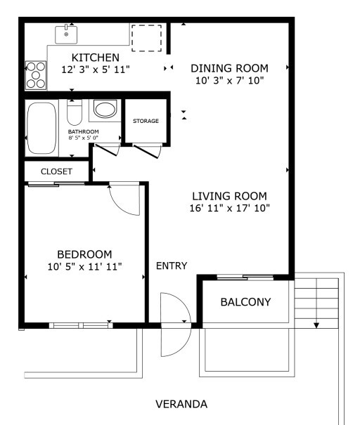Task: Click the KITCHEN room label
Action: pyautogui.click(x=96, y=57)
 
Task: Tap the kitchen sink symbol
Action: pyautogui.click(x=66, y=33)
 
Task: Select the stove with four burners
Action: pyautogui.click(x=34, y=75)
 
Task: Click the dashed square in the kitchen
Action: pyautogui.click(x=146, y=38)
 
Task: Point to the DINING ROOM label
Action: pyautogui.click(x=230, y=68)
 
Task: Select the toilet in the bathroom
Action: pyautogui.click(x=75, y=113)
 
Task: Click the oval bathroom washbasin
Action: pyautogui.click(x=105, y=110)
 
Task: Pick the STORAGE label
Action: pyautogui.click(x=146, y=121)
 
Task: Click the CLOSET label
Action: pyautogui.click(x=56, y=171)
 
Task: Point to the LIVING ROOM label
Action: pyautogui.click(x=230, y=195)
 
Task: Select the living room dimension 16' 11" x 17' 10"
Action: pyautogui.click(x=230, y=208)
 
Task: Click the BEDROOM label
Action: pyautogui.click(x=84, y=254)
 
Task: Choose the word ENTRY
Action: pyautogui.click(x=172, y=266)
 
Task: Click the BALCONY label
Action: pyautogui.click(x=245, y=302)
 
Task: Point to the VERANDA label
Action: pyautogui.click(x=181, y=405)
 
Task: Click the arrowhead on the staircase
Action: pyautogui.click(x=317, y=325)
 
